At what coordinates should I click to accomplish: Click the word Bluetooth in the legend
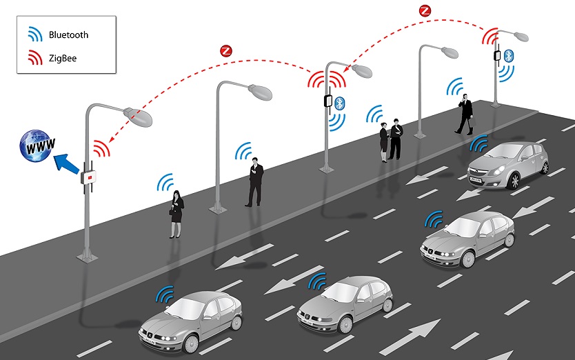68,35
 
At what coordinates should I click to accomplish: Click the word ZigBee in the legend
63,59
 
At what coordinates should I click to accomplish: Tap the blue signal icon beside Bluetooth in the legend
35,34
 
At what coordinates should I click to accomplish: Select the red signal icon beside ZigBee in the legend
35,57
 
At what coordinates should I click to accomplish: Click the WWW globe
37,146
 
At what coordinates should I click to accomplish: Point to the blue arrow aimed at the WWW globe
66,163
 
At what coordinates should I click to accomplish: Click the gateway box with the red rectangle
89,177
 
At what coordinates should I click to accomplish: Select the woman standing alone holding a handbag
176,214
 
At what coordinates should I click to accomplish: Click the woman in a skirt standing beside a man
383,142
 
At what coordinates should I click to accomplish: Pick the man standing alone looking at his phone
255,182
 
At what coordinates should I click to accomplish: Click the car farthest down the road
508,165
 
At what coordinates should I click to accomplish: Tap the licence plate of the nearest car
150,341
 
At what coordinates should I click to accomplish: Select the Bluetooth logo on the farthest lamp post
508,56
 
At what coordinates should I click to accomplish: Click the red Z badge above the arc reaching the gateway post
226,50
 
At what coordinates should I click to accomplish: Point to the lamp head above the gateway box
138,117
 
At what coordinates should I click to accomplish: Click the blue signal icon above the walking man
455,87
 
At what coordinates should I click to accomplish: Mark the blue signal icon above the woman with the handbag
165,182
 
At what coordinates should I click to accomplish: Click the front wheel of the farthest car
515,181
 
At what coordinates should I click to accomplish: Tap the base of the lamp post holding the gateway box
87,256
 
